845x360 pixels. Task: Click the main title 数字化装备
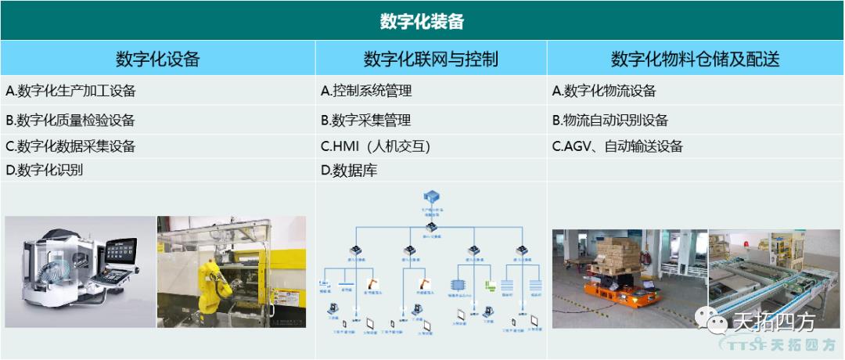pos(422,20)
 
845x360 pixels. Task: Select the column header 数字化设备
pos(157,59)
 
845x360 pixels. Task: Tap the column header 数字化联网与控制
pos(430,59)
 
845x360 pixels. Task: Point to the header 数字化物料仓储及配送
pos(695,59)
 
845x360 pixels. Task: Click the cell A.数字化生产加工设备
pos(70,91)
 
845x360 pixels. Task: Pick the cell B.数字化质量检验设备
pos(70,120)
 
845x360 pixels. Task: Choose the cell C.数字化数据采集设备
pos(70,146)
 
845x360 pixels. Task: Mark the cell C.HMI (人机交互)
pos(376,146)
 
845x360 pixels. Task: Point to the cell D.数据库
pos(349,169)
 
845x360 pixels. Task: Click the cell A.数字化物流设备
pos(604,91)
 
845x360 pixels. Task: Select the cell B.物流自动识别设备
pos(610,120)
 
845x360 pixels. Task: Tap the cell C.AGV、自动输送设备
pos(617,146)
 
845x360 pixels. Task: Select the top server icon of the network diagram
pos(430,196)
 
